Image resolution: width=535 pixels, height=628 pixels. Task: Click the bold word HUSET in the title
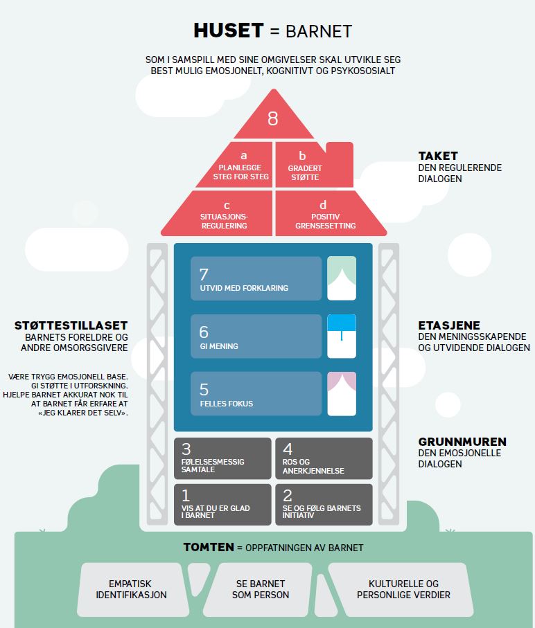point(229,30)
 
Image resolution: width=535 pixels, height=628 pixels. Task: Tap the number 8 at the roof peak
point(272,118)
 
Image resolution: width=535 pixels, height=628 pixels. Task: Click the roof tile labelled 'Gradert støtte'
point(305,166)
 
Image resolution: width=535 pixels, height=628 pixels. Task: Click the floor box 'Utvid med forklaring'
point(256,278)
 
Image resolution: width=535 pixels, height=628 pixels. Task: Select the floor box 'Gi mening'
point(256,337)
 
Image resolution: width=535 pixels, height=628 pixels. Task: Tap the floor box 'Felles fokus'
point(256,394)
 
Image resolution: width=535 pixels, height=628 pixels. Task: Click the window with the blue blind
point(342,337)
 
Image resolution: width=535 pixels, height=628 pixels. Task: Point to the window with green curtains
point(342,278)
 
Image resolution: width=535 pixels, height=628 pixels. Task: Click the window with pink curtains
point(342,394)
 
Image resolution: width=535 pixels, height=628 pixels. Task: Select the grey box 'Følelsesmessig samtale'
point(222,458)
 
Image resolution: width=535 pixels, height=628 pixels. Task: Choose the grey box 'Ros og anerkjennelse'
point(324,458)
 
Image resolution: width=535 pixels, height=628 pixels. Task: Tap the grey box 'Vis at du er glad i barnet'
point(222,504)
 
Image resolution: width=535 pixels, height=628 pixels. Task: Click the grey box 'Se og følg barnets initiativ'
point(324,504)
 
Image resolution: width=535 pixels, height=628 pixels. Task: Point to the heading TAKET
point(438,156)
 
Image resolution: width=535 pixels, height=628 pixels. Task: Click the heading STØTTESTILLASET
point(71,325)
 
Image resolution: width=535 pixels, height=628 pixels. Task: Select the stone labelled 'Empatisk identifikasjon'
point(131,589)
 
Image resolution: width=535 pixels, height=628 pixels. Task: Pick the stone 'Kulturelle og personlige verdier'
point(403,589)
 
